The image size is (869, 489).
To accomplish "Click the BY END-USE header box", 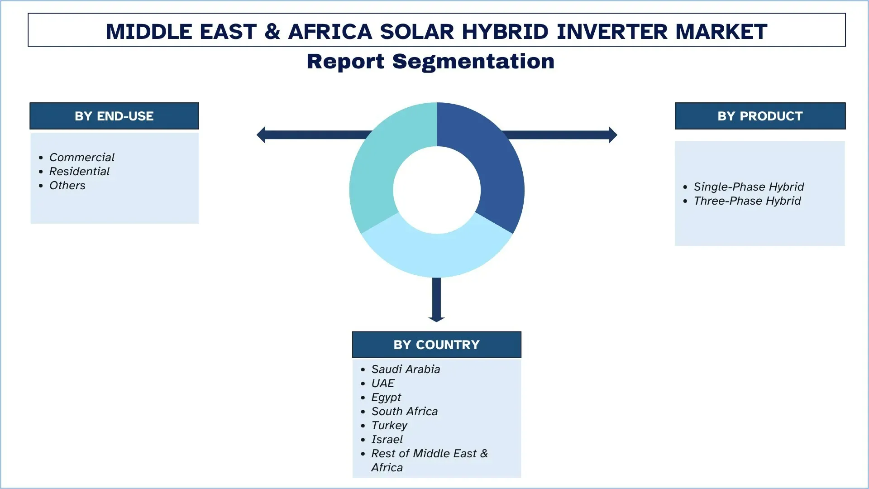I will pos(114,116).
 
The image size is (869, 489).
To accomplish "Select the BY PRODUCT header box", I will pos(760,116).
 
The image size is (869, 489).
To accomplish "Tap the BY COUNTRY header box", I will pos(436,345).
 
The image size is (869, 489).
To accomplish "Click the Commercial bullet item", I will pos(81,157).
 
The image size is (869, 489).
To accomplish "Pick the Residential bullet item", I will pos(79,171).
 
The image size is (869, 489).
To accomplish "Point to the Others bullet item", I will pos(67,185).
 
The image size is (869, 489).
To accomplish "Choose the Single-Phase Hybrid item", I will pos(749,187).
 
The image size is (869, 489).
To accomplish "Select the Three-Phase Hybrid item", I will pos(747,201).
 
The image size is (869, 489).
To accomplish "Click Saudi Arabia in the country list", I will pos(406,369).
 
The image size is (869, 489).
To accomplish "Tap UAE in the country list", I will pos(382,383).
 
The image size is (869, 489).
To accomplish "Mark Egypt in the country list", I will pos(386,397).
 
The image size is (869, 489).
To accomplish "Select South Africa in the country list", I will pos(404,411).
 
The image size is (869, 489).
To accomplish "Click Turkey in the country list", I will pos(389,425).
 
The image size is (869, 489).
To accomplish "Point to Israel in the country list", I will pos(387,439).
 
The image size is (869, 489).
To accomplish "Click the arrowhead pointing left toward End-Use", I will pos(261,135).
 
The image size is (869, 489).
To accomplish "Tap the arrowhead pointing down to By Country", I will pos(436,319).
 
